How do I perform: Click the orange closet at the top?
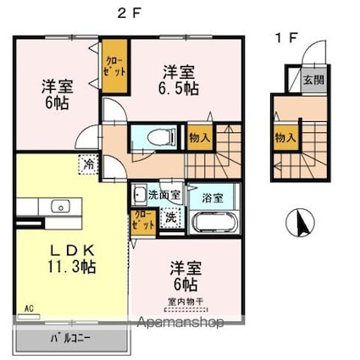[x=114, y=67]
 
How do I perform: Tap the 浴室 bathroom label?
[x=212, y=197]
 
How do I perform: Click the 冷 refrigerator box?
[x=88, y=163]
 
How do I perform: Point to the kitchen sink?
[x=59, y=206]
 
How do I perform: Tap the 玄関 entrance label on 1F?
[x=313, y=81]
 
